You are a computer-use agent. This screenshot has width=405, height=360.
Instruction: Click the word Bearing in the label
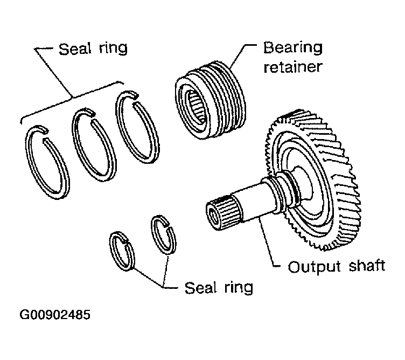292,48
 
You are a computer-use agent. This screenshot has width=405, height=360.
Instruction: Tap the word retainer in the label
292,67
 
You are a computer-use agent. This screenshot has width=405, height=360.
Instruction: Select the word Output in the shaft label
314,267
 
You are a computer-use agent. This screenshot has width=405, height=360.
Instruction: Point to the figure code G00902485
55,315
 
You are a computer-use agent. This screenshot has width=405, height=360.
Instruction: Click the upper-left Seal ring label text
93,49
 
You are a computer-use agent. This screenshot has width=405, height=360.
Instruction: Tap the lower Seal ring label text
219,288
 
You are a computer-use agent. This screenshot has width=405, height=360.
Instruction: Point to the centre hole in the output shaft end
213,215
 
